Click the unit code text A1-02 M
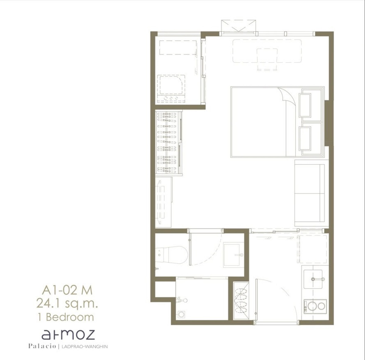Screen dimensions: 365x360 tap(67, 290)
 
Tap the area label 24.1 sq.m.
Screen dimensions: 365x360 tap(67, 304)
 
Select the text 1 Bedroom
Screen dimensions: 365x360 tap(66, 317)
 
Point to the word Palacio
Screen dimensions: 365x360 tap(42, 346)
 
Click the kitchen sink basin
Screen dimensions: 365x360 tap(313, 279)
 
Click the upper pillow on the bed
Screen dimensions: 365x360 tap(305, 105)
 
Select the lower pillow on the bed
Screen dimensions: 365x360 tap(305, 139)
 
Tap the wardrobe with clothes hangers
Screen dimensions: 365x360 tap(169, 143)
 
